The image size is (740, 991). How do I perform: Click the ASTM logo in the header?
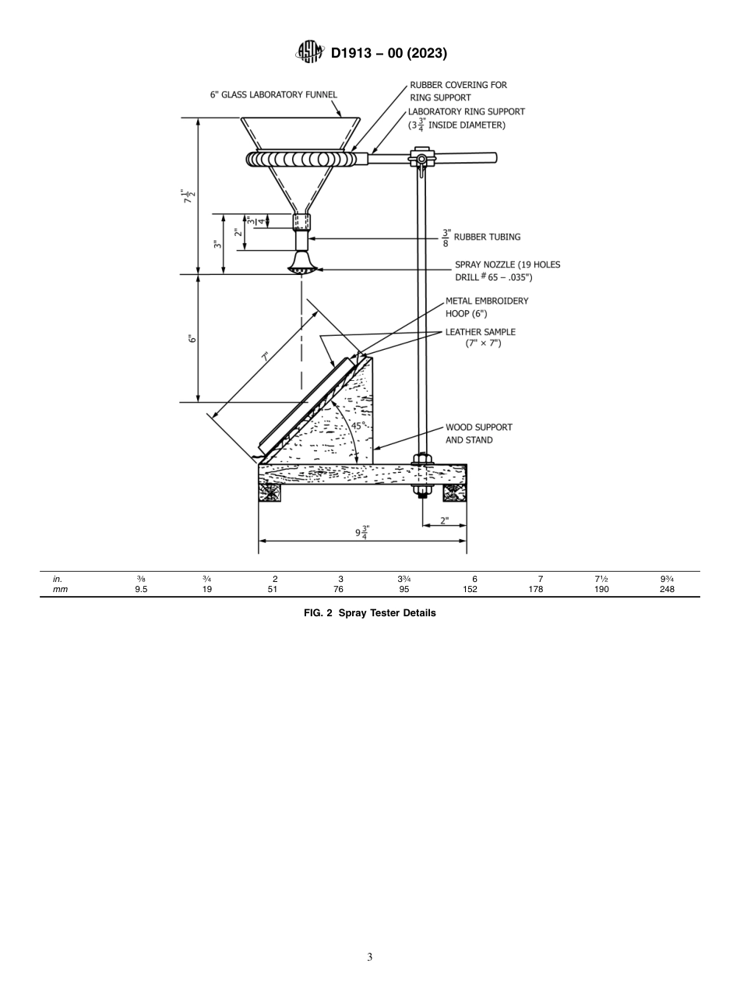[x=310, y=53]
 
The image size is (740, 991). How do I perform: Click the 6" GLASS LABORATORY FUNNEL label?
[x=273, y=95]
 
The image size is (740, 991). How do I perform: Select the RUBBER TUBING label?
[x=487, y=237]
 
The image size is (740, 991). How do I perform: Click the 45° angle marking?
[x=357, y=426]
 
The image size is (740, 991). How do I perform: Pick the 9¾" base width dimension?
[x=362, y=533]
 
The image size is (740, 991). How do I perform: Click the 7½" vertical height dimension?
[x=188, y=196]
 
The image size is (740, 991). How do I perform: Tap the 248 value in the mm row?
[x=667, y=590]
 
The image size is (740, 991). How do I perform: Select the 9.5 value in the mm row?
[x=141, y=590]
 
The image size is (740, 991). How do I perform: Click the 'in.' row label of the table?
[x=58, y=579]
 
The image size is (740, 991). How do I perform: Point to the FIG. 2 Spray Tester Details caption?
[x=370, y=613]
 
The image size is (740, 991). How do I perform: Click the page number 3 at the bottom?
[x=370, y=957]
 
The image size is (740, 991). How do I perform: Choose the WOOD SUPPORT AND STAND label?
[x=479, y=433]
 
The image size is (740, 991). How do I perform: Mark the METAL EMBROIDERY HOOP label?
[x=487, y=306]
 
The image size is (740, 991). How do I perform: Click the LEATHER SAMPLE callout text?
[x=481, y=337]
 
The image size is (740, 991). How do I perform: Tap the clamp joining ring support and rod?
[x=421, y=160]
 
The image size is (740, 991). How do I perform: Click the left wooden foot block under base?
[x=270, y=493]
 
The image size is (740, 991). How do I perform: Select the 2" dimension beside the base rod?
[x=444, y=520]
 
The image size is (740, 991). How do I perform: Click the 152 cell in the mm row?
[x=470, y=590]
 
